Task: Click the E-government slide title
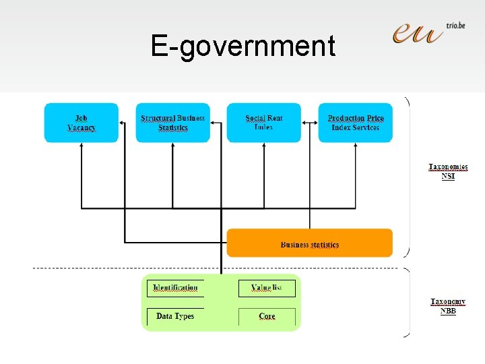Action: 243,47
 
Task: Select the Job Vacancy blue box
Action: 82,123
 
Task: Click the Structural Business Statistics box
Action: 172,123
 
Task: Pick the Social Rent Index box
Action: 263,123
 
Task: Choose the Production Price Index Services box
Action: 355,123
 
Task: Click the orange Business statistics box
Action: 309,243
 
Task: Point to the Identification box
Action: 175,288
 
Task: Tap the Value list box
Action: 267,288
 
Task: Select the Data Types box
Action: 175,316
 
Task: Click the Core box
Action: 267,316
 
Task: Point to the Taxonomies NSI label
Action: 448,171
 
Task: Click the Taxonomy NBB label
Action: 448,307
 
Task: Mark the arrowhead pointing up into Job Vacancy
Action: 82,146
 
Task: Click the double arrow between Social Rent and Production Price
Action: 309,123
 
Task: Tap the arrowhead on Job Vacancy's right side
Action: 122,123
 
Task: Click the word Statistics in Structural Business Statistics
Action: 173,128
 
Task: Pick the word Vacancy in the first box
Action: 82,128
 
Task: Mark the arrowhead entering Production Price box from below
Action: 355,146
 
